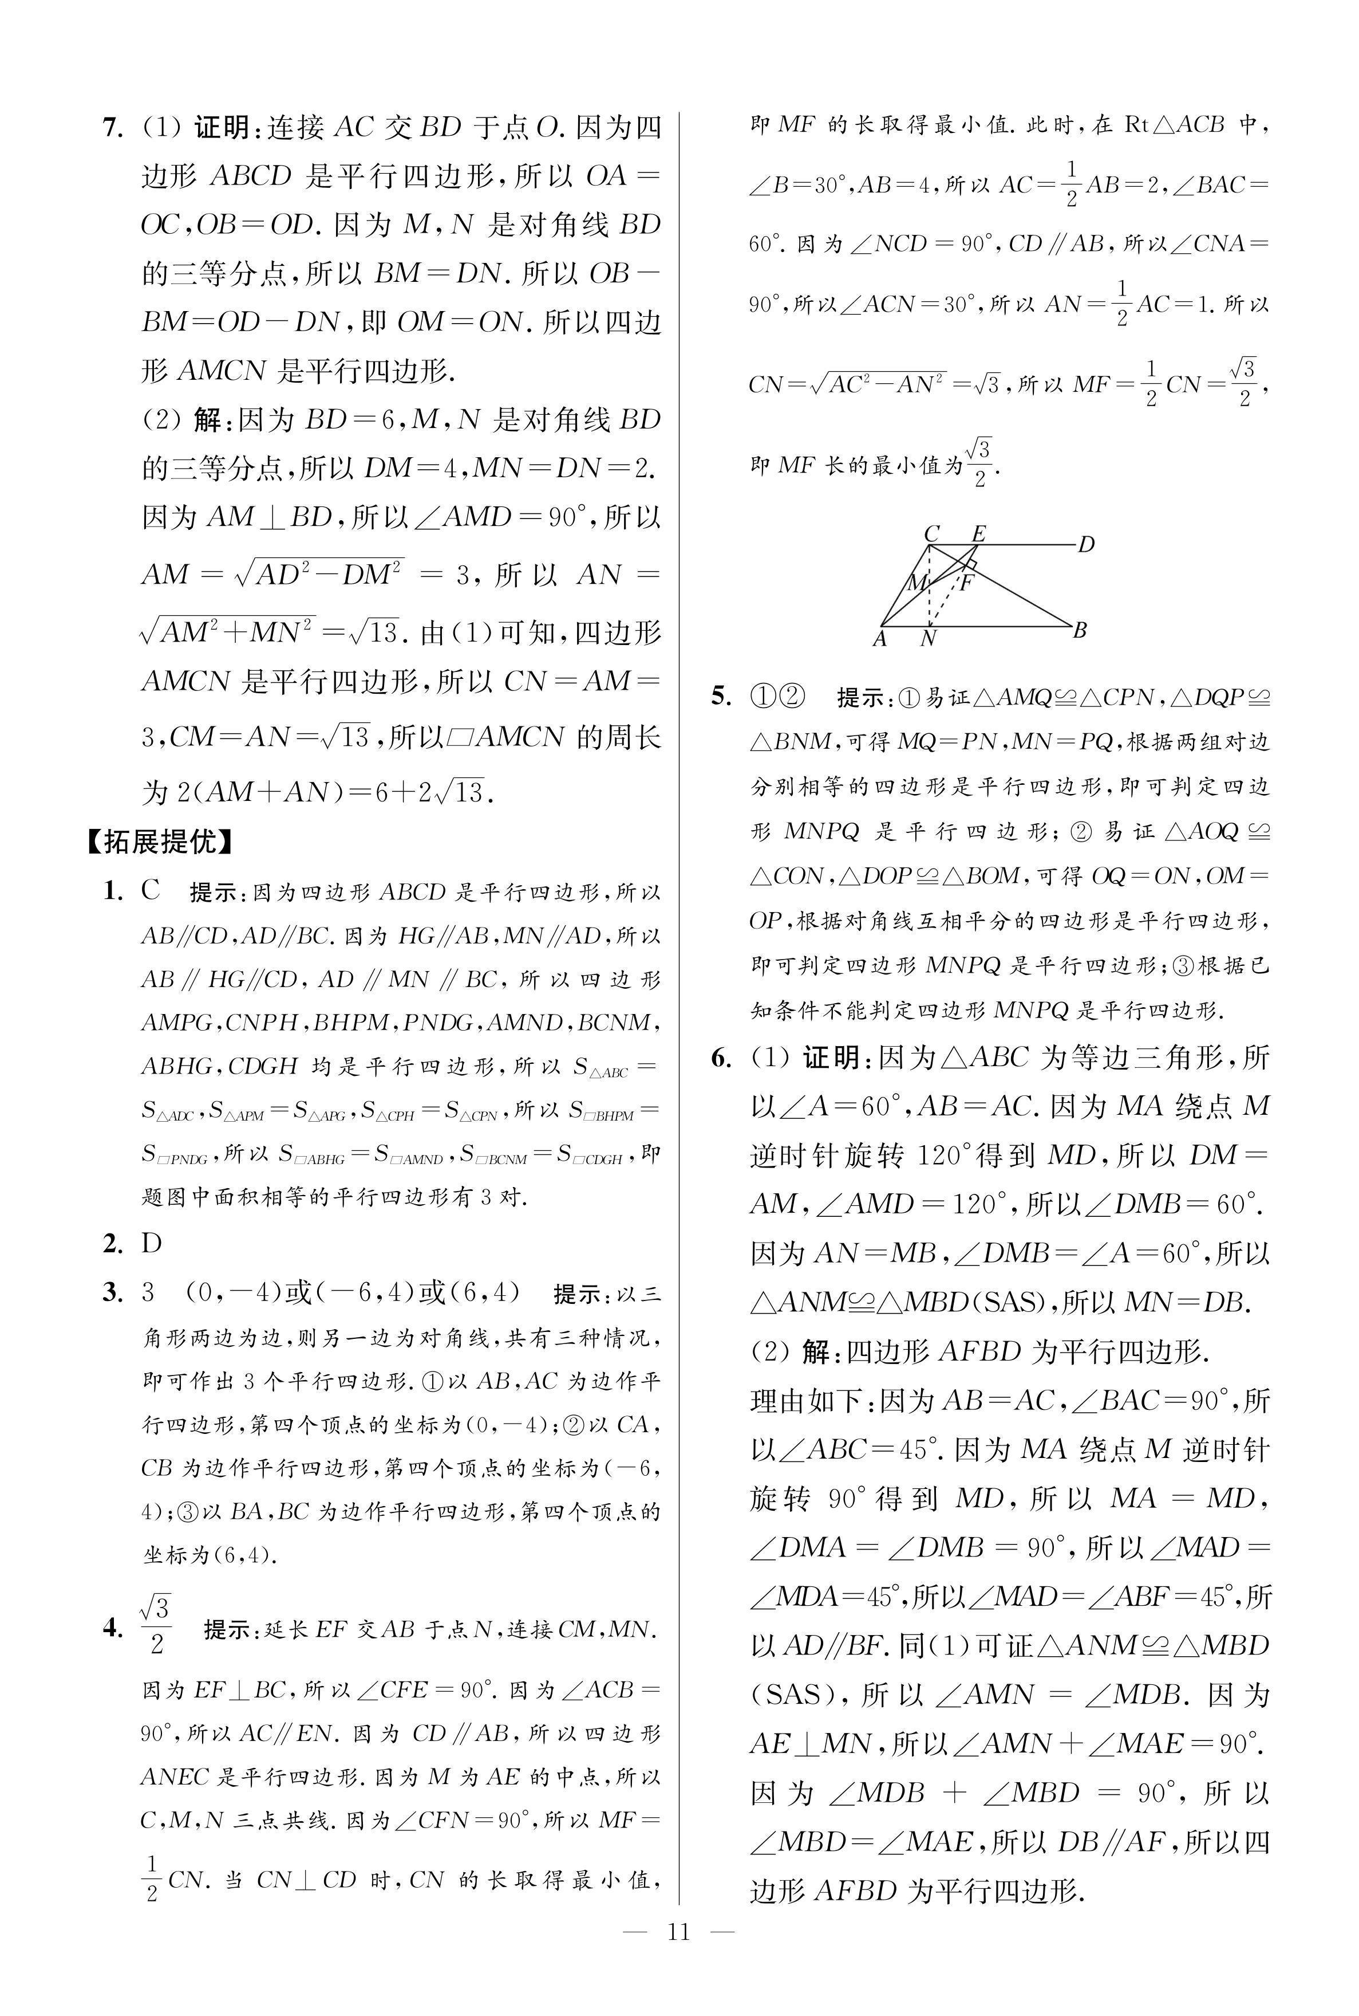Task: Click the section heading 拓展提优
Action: [160, 841]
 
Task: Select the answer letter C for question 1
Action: [151, 890]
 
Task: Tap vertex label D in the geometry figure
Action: [1086, 545]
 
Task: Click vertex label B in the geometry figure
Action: [1080, 630]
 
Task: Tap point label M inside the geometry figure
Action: [915, 583]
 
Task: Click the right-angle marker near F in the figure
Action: [971, 565]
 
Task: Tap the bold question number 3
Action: [113, 1293]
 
